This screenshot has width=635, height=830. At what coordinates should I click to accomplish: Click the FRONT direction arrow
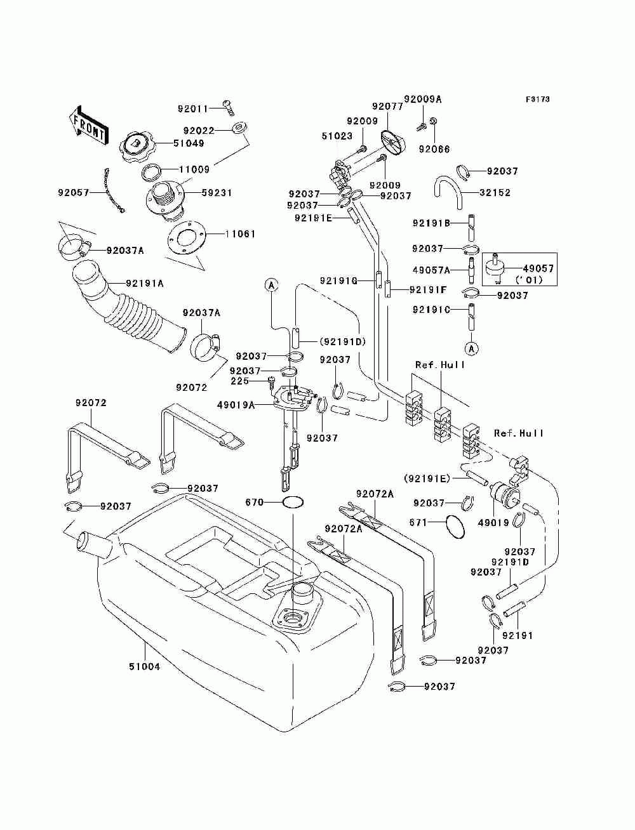[90, 126]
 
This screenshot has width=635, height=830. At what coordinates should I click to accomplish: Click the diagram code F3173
[537, 99]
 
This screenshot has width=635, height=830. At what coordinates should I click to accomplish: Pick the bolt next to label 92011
[228, 107]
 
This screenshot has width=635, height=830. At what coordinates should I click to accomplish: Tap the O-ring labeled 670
[293, 503]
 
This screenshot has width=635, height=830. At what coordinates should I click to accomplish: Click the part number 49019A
[236, 405]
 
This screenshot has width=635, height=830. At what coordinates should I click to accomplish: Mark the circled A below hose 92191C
[472, 348]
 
